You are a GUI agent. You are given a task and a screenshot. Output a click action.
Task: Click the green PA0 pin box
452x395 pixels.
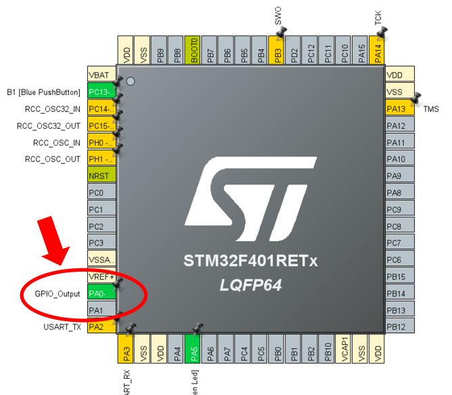tap(101, 293)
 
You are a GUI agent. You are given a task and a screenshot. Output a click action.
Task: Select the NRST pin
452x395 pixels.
tap(101, 176)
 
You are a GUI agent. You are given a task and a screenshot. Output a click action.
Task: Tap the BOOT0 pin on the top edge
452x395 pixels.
tap(194, 51)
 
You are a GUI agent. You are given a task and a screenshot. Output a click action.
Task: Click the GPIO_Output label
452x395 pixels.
tap(58, 294)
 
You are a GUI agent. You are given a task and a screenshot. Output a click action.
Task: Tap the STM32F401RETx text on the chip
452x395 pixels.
tap(250, 261)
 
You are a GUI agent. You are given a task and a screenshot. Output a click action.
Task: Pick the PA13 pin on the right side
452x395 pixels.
tap(399, 109)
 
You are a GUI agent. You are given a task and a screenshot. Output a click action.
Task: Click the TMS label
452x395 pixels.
tap(431, 109)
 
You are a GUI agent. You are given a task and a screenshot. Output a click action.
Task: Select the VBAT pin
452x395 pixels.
tap(101, 75)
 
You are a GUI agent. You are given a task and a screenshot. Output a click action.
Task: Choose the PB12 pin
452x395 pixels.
tap(399, 327)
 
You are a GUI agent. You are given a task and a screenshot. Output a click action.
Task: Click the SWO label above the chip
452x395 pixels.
tap(278, 15)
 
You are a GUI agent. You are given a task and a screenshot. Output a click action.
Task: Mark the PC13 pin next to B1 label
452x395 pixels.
tap(101, 92)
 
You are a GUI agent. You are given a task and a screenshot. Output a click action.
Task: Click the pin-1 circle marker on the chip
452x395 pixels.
tap(131, 81)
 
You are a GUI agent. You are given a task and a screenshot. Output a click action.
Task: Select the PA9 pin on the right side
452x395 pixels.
tap(399, 176)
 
